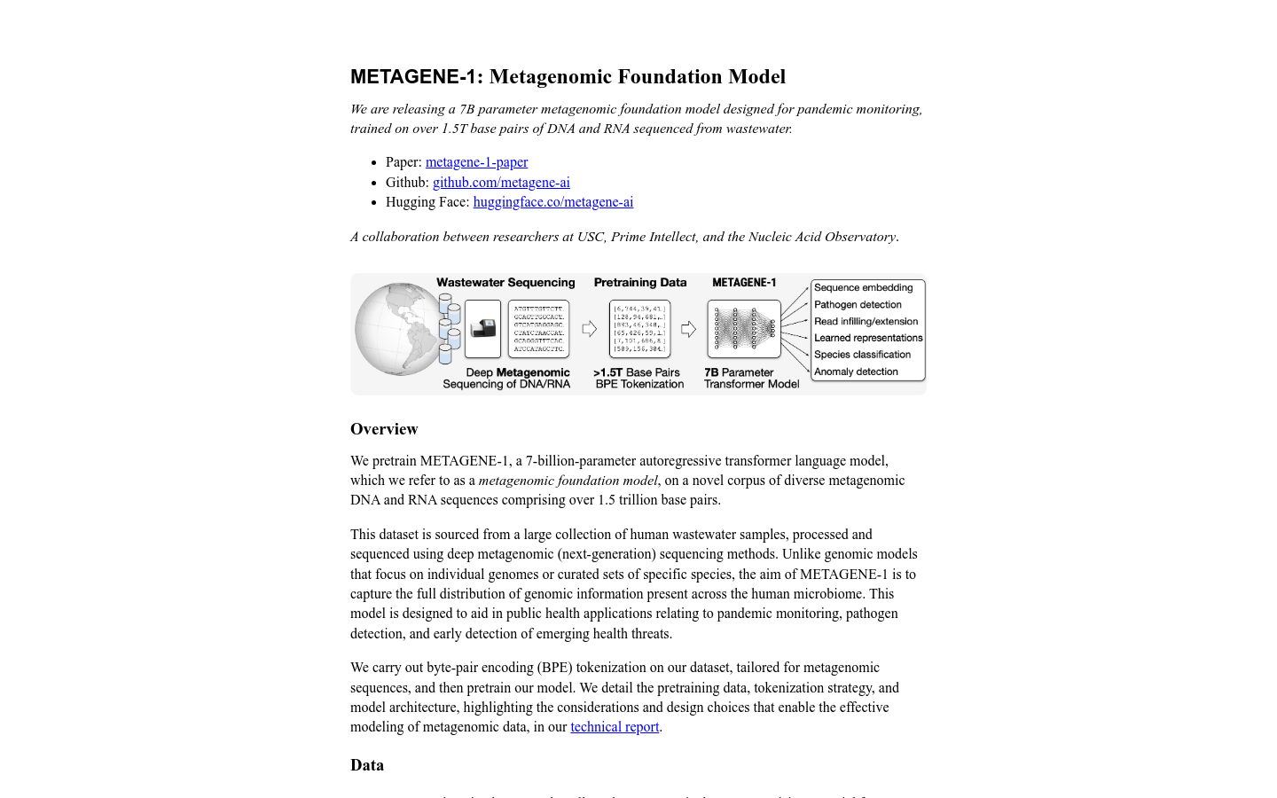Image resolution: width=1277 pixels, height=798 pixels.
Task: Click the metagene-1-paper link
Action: click(x=476, y=162)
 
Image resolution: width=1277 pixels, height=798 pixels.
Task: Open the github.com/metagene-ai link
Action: click(x=501, y=183)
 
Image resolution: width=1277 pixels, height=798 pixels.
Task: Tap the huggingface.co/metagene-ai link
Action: click(x=552, y=202)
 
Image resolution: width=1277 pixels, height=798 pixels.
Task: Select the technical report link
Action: click(x=615, y=727)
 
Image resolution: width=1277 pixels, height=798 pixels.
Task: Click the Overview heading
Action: click(x=384, y=429)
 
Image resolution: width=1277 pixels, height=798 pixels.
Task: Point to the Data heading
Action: click(x=367, y=765)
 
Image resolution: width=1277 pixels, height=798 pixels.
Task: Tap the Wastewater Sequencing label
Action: click(x=505, y=283)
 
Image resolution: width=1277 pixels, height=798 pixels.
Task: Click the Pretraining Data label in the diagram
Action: click(x=640, y=283)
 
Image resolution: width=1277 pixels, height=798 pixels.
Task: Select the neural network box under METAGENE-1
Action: click(x=743, y=329)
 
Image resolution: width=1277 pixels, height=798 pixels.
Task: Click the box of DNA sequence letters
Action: click(x=538, y=329)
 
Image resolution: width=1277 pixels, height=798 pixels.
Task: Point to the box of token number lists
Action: click(x=639, y=329)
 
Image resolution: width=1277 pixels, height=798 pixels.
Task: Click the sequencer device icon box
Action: click(x=482, y=329)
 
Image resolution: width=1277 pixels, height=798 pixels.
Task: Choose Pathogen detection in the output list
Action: click(x=858, y=305)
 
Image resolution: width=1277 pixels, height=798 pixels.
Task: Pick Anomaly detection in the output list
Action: click(x=856, y=372)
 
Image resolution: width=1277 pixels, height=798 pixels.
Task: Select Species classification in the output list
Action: click(x=862, y=355)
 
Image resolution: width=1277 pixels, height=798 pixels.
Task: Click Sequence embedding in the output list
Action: click(x=863, y=288)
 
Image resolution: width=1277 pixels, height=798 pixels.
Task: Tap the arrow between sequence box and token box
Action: click(x=589, y=329)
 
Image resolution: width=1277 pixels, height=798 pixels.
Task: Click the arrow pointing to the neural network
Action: click(x=688, y=329)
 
